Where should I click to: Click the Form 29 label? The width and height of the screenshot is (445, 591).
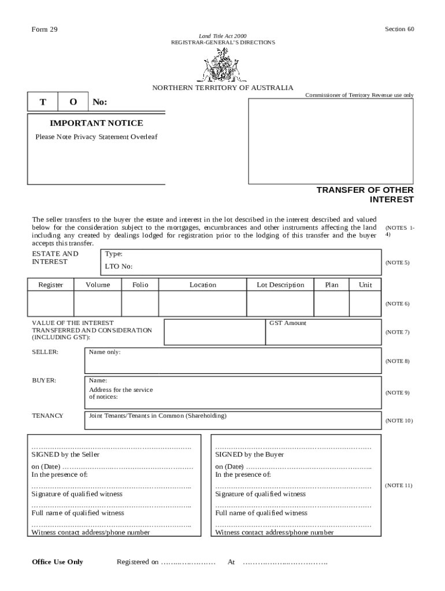(x=44, y=29)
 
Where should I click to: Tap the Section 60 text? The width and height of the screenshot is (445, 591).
(x=400, y=29)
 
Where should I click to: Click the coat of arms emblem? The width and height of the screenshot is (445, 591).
(x=222, y=65)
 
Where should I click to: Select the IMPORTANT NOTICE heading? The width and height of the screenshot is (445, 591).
(x=97, y=123)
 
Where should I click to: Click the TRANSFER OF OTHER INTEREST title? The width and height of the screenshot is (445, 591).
(x=365, y=195)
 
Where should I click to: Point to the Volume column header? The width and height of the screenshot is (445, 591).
(x=98, y=285)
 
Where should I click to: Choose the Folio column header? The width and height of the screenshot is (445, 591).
(x=140, y=285)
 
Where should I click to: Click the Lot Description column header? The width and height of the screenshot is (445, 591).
(x=280, y=285)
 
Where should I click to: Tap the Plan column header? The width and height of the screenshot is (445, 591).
(x=332, y=285)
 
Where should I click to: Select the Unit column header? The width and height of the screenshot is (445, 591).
(x=365, y=285)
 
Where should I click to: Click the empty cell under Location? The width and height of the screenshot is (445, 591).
(x=202, y=304)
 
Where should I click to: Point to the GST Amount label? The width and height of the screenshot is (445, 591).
(x=288, y=323)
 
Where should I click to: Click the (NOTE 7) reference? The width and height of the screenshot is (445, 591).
(x=397, y=332)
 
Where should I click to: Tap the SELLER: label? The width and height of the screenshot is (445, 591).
(x=45, y=352)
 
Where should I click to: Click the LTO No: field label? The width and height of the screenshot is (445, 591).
(x=118, y=267)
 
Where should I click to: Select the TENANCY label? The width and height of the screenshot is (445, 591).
(x=47, y=416)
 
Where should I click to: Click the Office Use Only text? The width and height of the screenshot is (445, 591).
(x=57, y=562)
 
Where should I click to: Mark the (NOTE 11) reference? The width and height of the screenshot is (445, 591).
(x=398, y=485)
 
